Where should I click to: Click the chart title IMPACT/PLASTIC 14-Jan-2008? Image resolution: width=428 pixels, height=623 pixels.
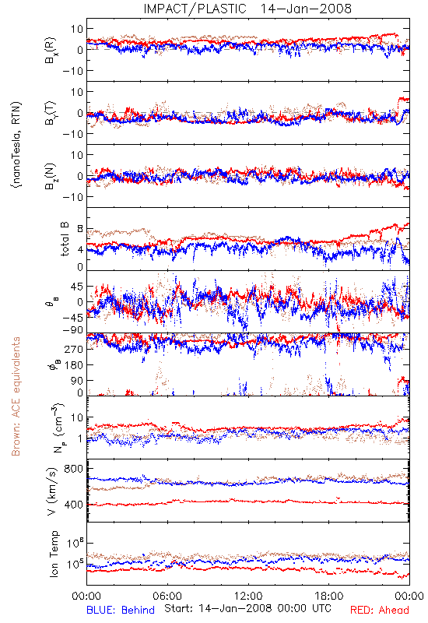click(x=247, y=9)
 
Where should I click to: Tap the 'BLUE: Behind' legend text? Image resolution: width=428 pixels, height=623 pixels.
click(x=121, y=610)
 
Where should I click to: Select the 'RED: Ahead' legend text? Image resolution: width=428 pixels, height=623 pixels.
click(x=379, y=610)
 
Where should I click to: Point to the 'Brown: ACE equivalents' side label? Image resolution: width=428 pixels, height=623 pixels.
click(x=16, y=396)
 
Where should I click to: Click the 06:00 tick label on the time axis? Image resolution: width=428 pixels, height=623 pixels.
click(x=167, y=596)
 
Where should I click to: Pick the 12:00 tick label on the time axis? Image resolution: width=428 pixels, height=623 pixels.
click(x=248, y=596)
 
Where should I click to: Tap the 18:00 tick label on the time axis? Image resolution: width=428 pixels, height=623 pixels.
click(x=329, y=596)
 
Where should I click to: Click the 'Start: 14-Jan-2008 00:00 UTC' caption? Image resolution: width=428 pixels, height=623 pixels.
click(x=247, y=608)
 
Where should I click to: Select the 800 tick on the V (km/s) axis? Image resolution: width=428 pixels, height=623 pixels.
click(x=73, y=469)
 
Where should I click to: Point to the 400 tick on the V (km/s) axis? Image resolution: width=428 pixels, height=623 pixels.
click(x=73, y=505)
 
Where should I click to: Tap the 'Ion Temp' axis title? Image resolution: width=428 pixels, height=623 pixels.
click(x=54, y=553)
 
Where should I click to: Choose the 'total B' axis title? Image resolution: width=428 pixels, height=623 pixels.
click(x=65, y=238)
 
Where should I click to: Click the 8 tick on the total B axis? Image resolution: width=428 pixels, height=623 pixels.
click(x=80, y=229)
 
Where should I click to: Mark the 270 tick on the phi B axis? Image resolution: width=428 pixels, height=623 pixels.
click(x=74, y=349)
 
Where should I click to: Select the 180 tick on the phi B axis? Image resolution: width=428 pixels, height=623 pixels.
click(x=74, y=364)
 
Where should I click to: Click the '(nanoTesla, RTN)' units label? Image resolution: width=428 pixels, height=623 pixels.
click(x=17, y=145)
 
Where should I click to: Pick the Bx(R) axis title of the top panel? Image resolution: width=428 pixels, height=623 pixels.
click(x=51, y=51)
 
